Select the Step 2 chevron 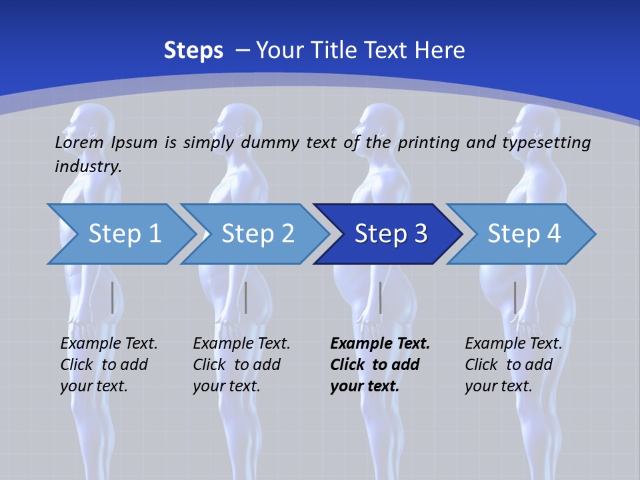pyautogui.click(x=257, y=234)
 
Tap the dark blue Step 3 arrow pyautogui.click(x=391, y=234)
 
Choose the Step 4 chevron pyautogui.click(x=524, y=234)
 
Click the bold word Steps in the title pyautogui.click(x=193, y=50)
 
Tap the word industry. pyautogui.click(x=88, y=166)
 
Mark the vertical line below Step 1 pyautogui.click(x=113, y=297)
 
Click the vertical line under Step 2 pyautogui.click(x=246, y=297)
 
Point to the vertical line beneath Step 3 pyautogui.click(x=380, y=297)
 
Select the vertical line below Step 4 pyautogui.click(x=515, y=297)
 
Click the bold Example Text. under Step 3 pyautogui.click(x=380, y=343)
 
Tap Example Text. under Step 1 pyautogui.click(x=109, y=343)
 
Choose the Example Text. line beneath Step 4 pyautogui.click(x=513, y=343)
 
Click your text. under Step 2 pyautogui.click(x=226, y=386)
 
